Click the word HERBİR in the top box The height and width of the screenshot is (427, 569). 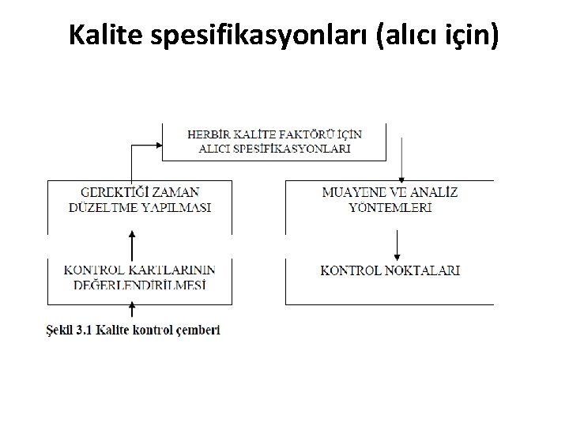click(x=210, y=134)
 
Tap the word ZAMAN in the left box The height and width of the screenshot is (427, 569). click(x=175, y=192)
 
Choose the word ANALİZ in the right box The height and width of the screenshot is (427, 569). click(x=433, y=192)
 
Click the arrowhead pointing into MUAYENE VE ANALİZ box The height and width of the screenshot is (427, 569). click(x=403, y=176)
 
